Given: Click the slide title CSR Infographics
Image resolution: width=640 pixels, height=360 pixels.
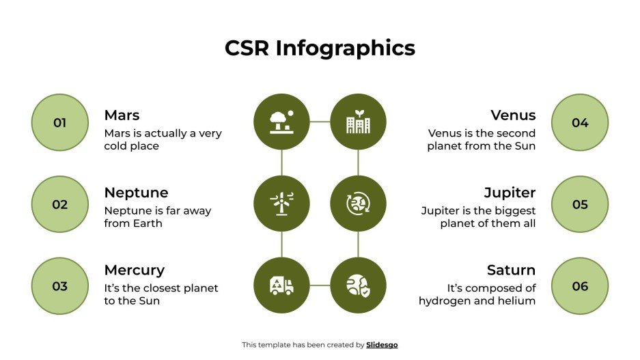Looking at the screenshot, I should point(320,48).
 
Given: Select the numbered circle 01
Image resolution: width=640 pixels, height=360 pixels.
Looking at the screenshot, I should point(60,123).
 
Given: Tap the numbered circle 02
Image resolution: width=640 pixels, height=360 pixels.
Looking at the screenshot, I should point(60,204).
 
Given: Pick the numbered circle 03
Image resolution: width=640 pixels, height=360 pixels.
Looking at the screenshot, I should point(60,286).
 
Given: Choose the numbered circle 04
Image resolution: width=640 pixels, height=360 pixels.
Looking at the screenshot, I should point(579,123).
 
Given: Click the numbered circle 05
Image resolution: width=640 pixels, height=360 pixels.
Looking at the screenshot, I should point(579,204).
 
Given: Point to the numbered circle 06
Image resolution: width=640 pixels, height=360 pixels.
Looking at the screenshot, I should point(579,286).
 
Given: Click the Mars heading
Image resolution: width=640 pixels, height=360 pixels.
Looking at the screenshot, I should point(122,115).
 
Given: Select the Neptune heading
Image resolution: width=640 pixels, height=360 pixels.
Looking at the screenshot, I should point(136,193).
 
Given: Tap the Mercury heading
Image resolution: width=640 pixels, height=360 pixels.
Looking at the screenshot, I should point(134,270).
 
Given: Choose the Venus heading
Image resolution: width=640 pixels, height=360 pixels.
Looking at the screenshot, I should point(513,115).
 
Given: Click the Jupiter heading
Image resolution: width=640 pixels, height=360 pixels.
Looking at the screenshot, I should point(510,193).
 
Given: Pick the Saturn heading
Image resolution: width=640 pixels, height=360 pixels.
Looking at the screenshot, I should point(511,270).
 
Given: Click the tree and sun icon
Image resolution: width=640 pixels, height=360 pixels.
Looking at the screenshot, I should point(281,122).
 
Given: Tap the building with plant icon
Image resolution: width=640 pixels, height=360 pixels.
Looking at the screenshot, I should point(358,122).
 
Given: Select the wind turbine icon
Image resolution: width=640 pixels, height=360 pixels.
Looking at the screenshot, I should point(281,204).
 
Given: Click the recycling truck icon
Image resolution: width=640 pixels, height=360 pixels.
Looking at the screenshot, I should point(281,286).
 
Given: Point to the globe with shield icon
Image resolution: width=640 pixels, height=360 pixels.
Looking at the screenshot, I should point(358,286).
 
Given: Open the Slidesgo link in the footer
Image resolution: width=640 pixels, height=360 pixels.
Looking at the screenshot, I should point(382,345).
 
